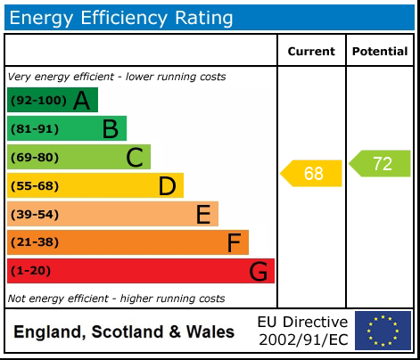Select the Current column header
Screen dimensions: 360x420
coord(311,52)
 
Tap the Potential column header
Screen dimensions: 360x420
coord(379,52)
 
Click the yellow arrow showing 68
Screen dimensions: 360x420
coord(312,173)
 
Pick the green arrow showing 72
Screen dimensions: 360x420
coord(381,164)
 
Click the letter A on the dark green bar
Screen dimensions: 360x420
coord(81,101)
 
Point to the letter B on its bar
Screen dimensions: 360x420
coord(110,129)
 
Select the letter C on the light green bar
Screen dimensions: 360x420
coord(135,158)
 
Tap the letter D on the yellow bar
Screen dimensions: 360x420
coord(167,186)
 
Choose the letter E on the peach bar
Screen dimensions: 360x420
coord(203,215)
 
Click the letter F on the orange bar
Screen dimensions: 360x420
coord(234,243)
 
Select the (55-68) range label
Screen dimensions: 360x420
coord(35,186)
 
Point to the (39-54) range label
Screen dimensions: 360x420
coord(35,215)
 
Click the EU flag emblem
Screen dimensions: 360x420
coord(383,331)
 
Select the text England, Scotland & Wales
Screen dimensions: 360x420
coord(124,332)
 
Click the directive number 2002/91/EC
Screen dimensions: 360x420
coord(302,340)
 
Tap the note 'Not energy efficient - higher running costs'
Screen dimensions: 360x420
coord(116,299)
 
